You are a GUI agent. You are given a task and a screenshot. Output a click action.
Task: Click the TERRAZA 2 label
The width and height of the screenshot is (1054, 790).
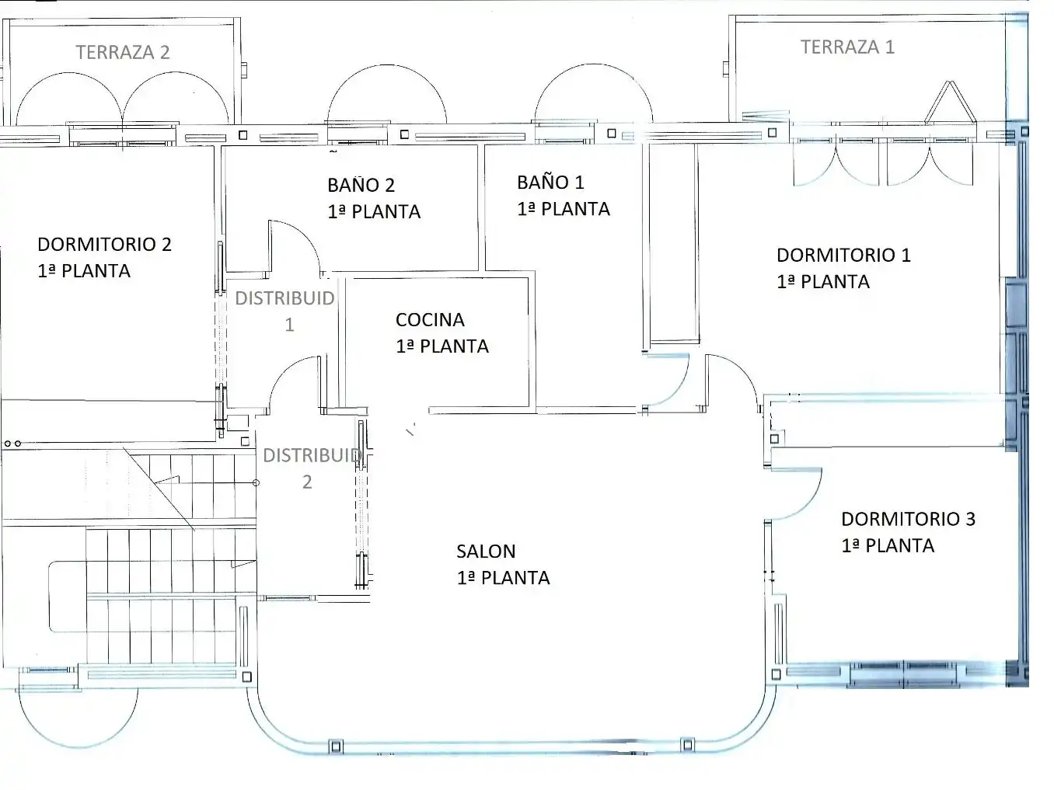[123, 52]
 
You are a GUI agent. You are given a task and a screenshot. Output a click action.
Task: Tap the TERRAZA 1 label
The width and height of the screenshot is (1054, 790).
[847, 47]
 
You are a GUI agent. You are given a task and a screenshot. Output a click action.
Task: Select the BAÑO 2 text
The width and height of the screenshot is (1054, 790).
[361, 185]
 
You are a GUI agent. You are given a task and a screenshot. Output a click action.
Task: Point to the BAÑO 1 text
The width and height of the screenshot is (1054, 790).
[551, 183]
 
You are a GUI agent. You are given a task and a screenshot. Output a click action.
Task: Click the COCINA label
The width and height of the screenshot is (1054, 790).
[430, 320]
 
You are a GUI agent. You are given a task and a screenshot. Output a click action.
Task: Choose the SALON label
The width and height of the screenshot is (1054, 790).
[486, 552]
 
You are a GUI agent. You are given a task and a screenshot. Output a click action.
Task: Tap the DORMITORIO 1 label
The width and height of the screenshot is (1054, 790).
[843, 256]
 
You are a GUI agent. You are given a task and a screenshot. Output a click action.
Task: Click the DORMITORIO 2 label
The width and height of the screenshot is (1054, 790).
[105, 245]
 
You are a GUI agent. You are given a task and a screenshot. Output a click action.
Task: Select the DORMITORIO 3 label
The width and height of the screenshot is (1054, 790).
[909, 519]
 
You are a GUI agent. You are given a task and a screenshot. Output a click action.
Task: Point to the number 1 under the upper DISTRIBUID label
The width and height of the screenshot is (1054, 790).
[290, 325]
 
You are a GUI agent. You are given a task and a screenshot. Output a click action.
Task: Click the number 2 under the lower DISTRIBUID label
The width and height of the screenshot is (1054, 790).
[307, 482]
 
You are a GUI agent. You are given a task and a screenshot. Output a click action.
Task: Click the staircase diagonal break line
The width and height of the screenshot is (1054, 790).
[159, 489]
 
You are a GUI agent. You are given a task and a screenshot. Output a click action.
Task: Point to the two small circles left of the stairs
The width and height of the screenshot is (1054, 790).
[12, 444]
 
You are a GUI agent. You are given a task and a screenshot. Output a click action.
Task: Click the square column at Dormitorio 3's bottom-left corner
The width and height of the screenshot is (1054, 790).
[776, 674]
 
